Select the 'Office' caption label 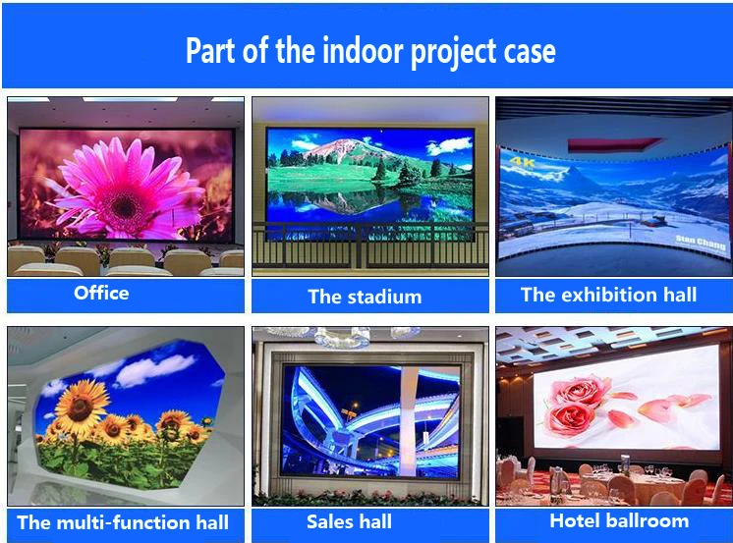(101, 293)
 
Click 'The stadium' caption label (365, 296)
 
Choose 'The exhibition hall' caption (608, 295)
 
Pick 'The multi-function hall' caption (123, 521)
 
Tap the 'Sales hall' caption (349, 521)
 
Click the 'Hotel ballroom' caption (619, 520)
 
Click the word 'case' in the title (528, 52)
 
